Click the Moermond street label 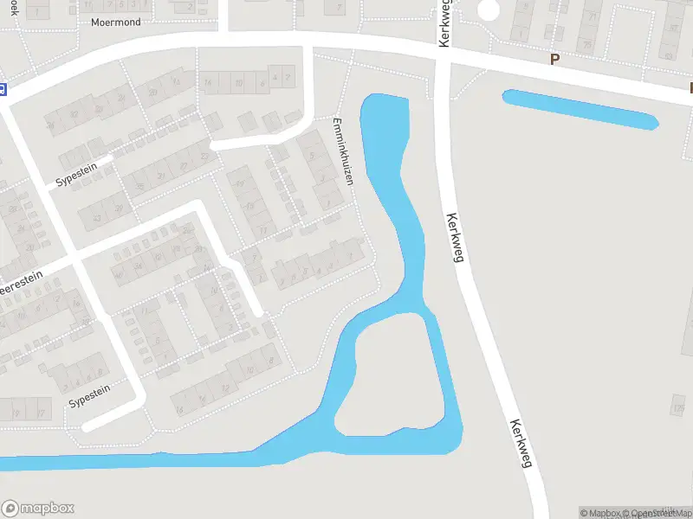pos(115,22)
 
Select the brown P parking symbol pos(554,59)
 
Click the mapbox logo pos(37,509)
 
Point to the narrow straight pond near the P pos(580,109)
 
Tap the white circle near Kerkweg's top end pos(489,10)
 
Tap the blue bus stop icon pos(3,88)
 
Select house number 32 pos(74,114)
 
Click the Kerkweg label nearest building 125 pos(520,444)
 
